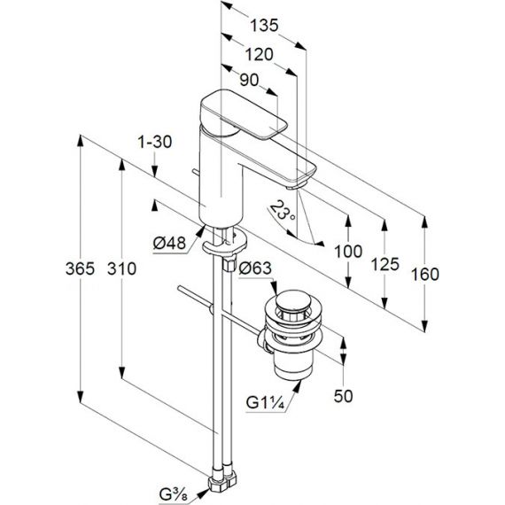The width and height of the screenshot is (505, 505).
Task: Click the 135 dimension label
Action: (264, 26)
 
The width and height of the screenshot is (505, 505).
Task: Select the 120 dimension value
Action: (260, 54)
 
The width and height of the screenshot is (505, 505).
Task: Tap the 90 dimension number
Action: (249, 80)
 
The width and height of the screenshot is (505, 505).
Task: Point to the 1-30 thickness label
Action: (155, 142)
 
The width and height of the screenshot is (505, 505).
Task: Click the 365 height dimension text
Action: (81, 268)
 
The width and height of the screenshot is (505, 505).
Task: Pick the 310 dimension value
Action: (121, 268)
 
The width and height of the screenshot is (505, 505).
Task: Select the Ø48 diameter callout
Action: (169, 243)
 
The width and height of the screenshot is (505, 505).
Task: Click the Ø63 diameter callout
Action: (255, 268)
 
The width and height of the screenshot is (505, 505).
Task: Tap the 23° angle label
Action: (281, 211)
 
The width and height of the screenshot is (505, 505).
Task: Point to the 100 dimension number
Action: (348, 252)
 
